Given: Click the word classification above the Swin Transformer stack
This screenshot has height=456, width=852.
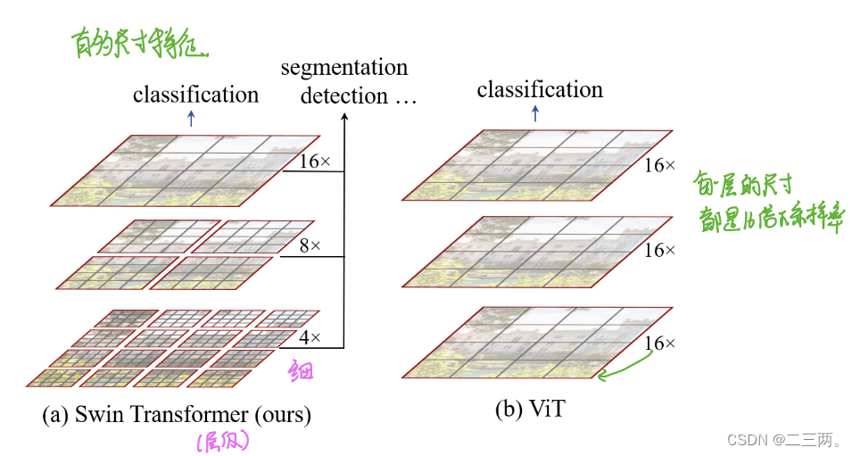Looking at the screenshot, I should click(195, 94).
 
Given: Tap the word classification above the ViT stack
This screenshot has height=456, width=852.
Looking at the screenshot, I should click(540, 89).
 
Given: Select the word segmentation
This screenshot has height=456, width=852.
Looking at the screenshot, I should click(343, 68).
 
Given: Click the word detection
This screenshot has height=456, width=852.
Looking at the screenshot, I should click(343, 95).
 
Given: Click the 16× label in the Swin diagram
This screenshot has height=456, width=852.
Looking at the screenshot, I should click(315, 162).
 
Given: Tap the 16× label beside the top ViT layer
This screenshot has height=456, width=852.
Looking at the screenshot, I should click(660, 166).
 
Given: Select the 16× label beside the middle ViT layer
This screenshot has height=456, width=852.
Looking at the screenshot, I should click(660, 250).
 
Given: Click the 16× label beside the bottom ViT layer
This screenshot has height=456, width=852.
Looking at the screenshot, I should click(660, 344).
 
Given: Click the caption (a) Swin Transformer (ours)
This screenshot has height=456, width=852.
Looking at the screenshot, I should click(176, 414).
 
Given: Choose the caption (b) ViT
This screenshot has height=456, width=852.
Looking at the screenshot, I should click(532, 410).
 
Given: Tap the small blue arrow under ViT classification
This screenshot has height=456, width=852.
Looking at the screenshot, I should click(535, 113).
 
